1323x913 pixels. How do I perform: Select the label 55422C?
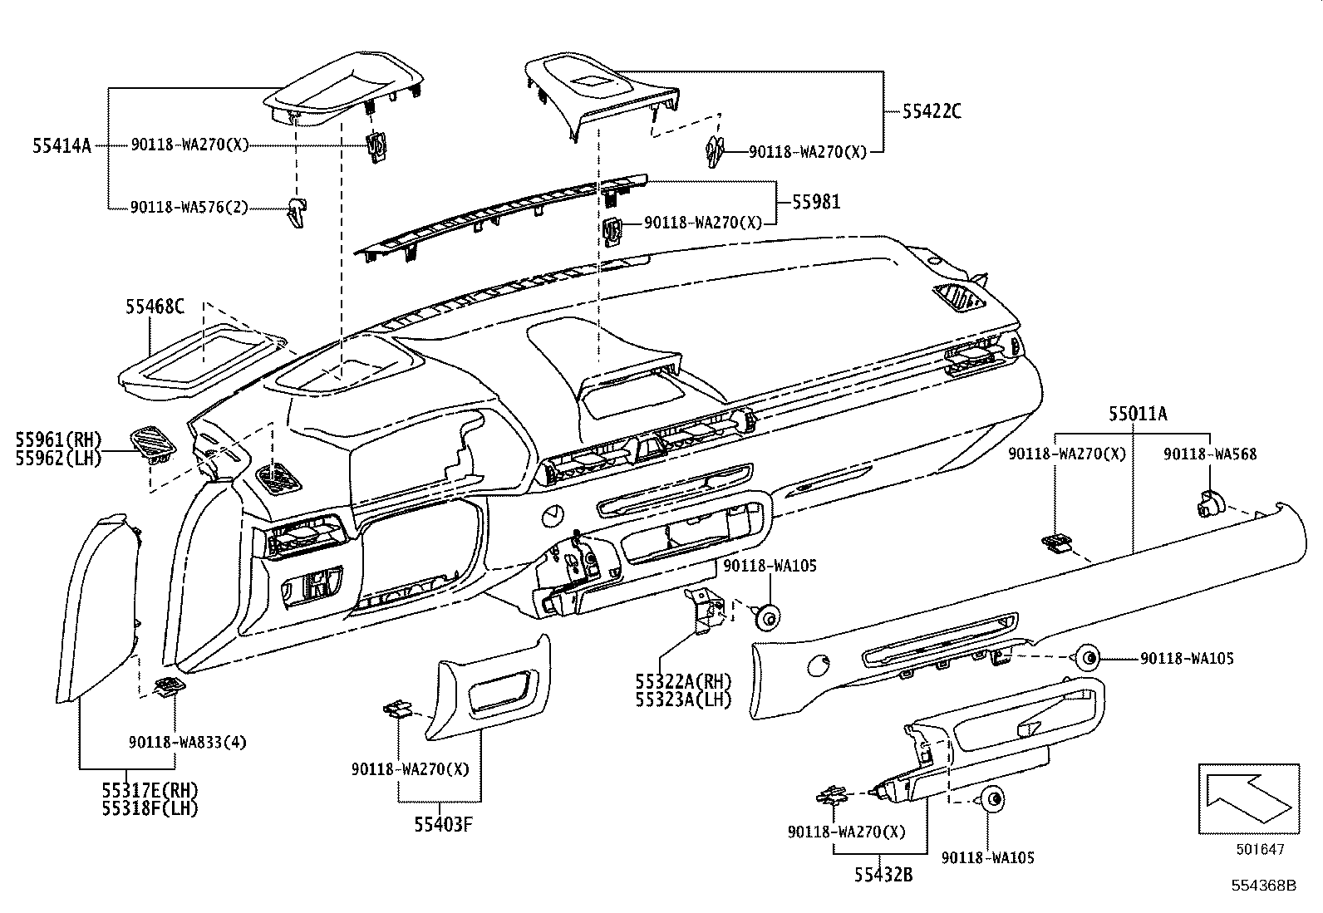(932, 111)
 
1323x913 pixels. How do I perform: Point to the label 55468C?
(155, 307)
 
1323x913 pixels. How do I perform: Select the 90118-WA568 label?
(1209, 454)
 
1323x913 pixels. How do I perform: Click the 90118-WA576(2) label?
(189, 207)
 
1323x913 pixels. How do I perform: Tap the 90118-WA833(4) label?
(187, 742)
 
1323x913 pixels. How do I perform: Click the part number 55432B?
(882, 874)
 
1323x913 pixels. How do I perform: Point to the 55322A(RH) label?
(682, 681)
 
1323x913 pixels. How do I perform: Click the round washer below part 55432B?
(991, 800)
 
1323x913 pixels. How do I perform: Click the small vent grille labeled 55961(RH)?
(153, 440)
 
